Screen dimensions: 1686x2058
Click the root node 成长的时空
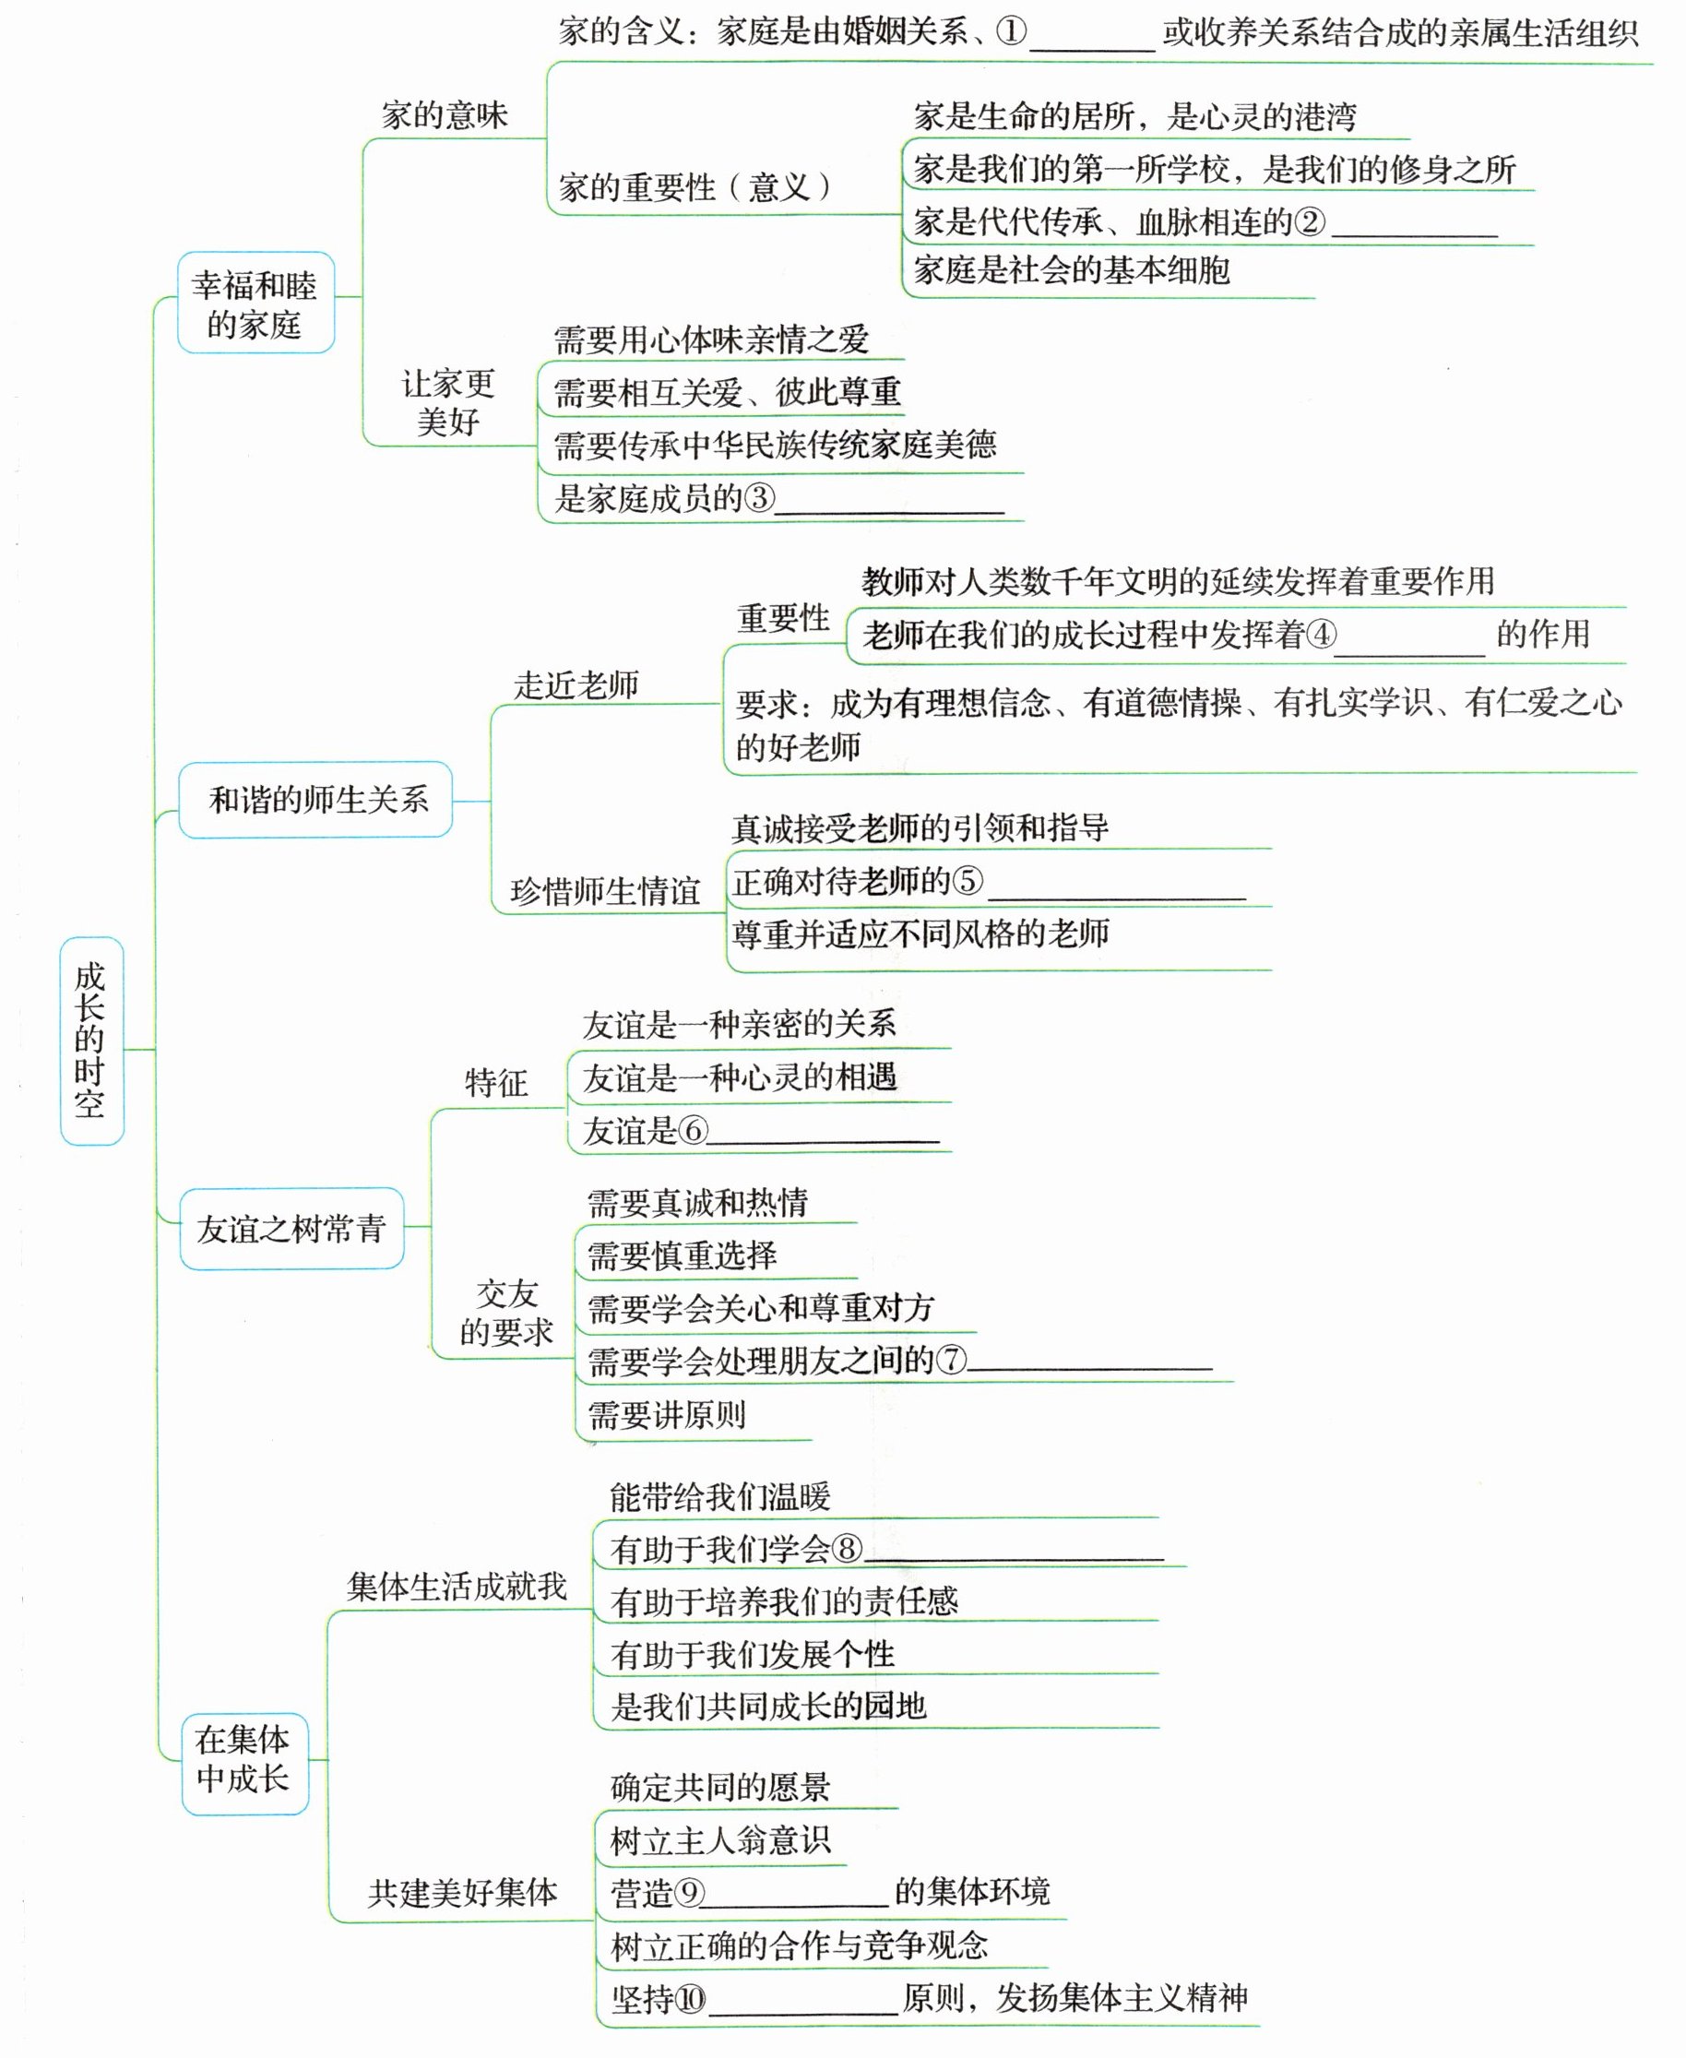click(91, 1041)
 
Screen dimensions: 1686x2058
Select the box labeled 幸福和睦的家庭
click(255, 303)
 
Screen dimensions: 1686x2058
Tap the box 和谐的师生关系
click(316, 799)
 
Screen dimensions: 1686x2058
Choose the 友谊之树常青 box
click(291, 1229)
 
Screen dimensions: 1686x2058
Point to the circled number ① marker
click(1011, 32)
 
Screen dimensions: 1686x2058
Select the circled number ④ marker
click(1321, 636)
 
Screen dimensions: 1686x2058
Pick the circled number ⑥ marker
click(693, 1131)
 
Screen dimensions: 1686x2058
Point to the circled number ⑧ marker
click(847, 1548)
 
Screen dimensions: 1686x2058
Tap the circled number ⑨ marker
click(690, 1893)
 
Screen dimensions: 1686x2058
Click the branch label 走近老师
click(576, 684)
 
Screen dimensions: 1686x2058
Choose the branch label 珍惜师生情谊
click(605, 890)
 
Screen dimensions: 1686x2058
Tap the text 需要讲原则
click(667, 1414)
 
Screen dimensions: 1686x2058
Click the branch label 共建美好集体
click(462, 1892)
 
